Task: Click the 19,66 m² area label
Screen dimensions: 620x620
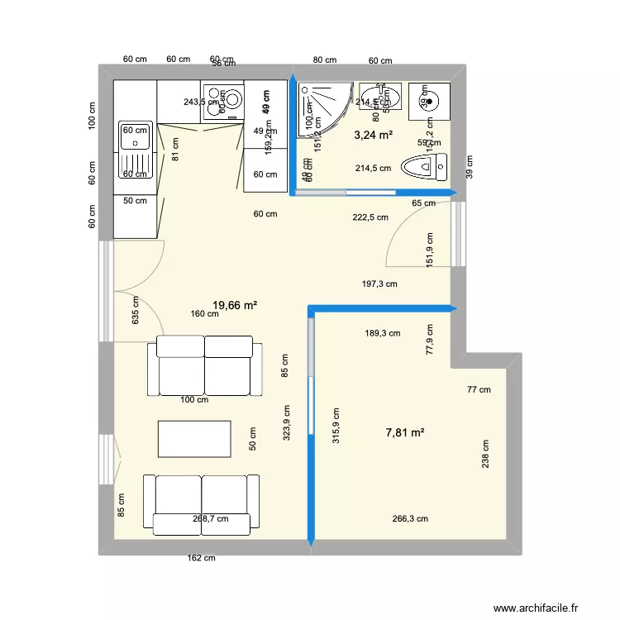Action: [x=235, y=306]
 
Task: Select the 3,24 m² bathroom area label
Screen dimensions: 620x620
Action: [x=374, y=135]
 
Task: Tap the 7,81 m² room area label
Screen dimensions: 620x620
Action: [x=405, y=432]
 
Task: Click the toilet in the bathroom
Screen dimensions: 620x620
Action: [x=424, y=168]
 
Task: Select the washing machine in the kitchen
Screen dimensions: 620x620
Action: [x=223, y=102]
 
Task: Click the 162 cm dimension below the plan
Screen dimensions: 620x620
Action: [x=201, y=558]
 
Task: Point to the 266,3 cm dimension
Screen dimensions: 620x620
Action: [x=410, y=519]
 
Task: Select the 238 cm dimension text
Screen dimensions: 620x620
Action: [x=485, y=453]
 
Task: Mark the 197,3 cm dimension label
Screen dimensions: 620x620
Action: [x=379, y=284]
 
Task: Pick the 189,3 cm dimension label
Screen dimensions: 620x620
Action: [x=383, y=334]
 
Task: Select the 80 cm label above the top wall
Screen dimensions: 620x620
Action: [x=324, y=60]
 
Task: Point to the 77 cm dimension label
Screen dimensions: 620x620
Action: [x=479, y=389]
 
